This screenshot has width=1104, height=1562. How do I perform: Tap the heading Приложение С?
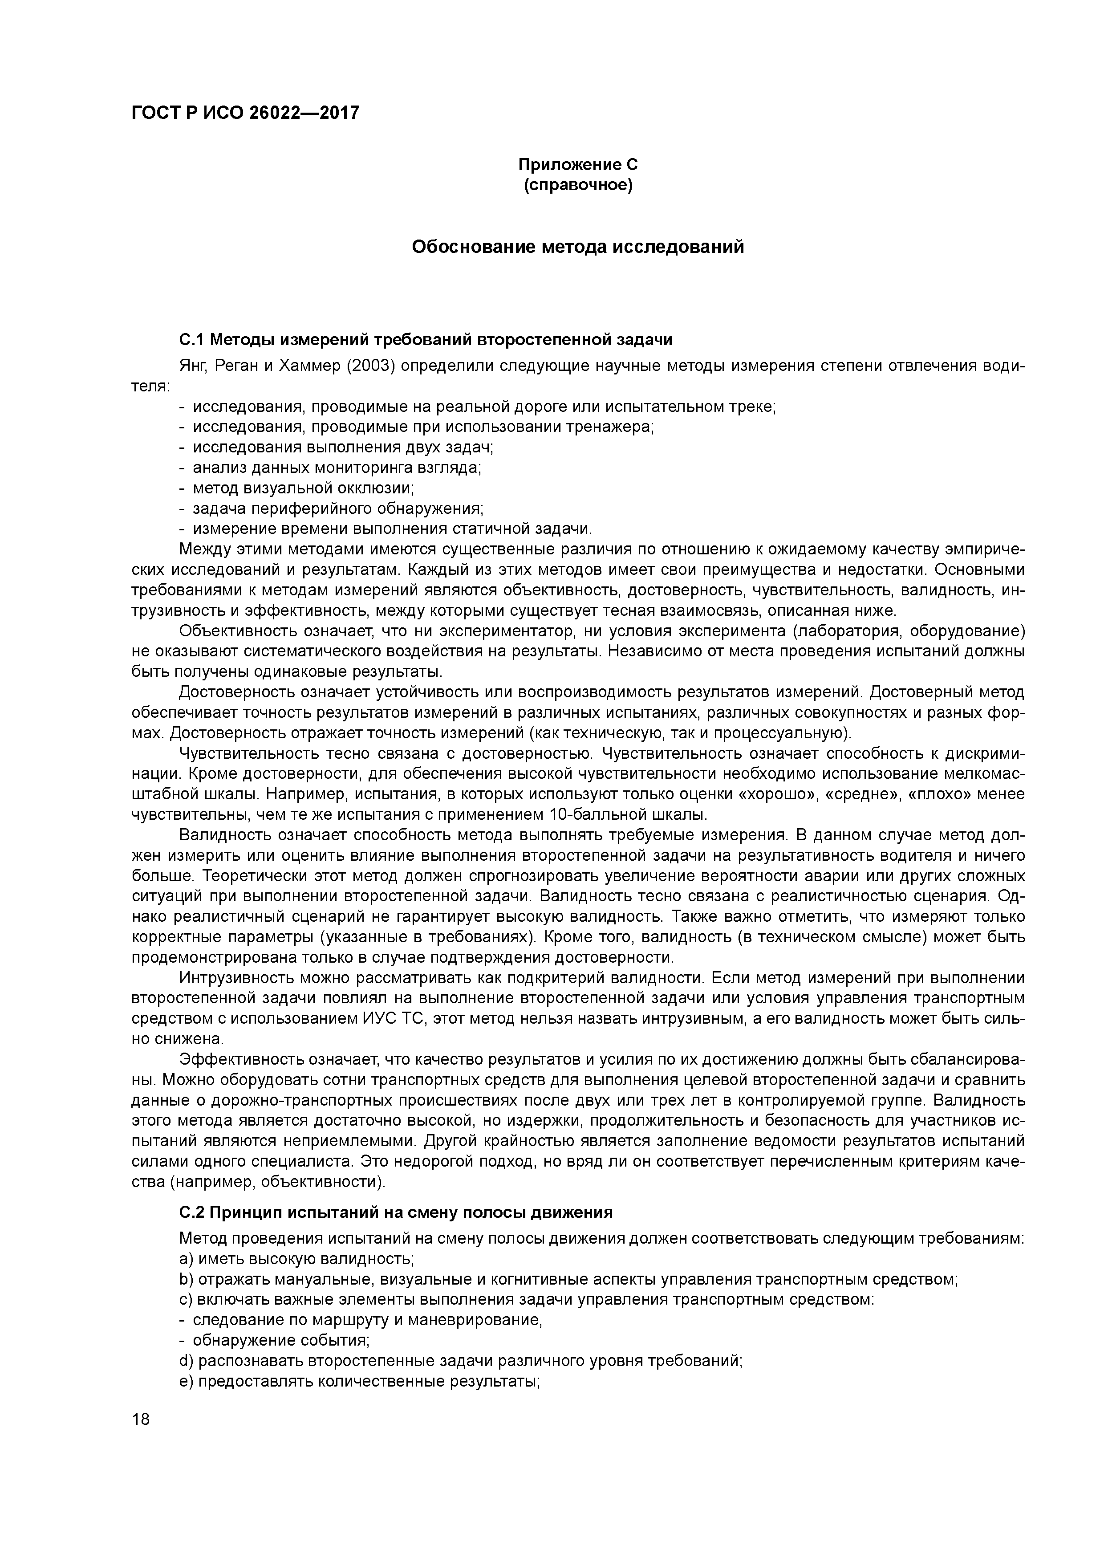pos(577,165)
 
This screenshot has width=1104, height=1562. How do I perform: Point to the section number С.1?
pos(191,339)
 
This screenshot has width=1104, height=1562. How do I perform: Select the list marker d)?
pos(187,1361)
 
